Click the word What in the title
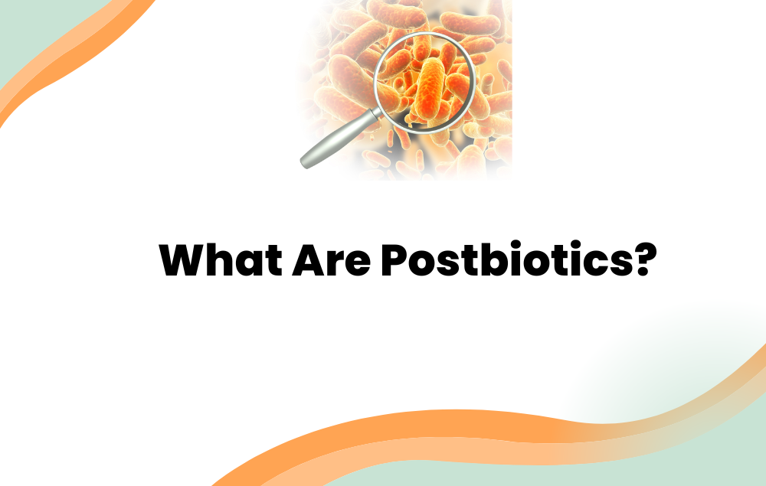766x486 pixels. click(x=219, y=261)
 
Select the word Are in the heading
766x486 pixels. click(x=331, y=261)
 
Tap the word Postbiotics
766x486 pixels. click(x=506, y=261)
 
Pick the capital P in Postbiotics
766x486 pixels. click(x=395, y=261)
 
